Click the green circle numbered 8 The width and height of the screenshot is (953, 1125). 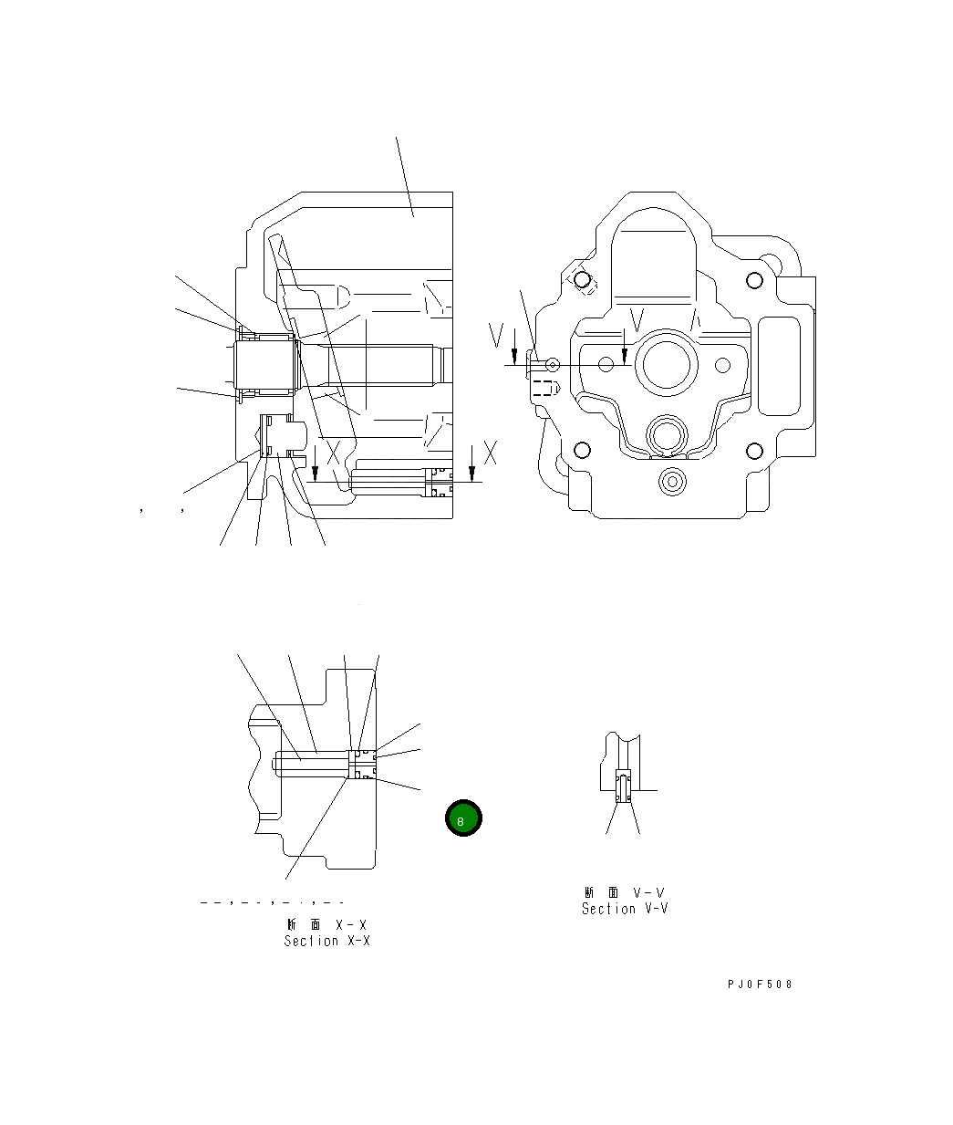[x=462, y=819]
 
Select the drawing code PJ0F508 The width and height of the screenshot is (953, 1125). [x=760, y=984]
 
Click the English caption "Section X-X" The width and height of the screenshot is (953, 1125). [x=326, y=941]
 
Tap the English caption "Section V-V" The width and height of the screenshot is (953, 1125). [x=625, y=909]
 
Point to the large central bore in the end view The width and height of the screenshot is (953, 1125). [x=669, y=363]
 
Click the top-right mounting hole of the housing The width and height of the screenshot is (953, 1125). [x=753, y=280]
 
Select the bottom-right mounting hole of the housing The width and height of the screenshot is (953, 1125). [x=753, y=451]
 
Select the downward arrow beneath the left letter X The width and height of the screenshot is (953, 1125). [x=315, y=469]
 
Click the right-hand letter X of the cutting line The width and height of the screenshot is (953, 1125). [x=491, y=453]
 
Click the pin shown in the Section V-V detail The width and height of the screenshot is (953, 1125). [x=623, y=786]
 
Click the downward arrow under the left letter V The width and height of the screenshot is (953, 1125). [x=515, y=355]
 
